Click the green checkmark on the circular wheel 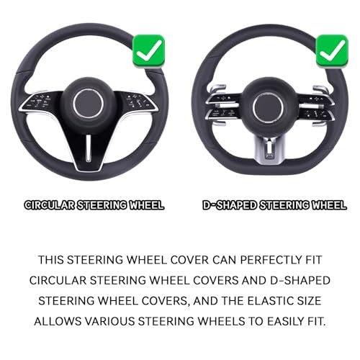point(149,51)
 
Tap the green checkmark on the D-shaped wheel point(332,51)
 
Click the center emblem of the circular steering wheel point(89,104)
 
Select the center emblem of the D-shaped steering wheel point(269,107)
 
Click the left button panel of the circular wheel point(40,102)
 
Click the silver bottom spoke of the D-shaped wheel point(269,149)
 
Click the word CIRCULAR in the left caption point(50,205)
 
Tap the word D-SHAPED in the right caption point(230,205)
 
